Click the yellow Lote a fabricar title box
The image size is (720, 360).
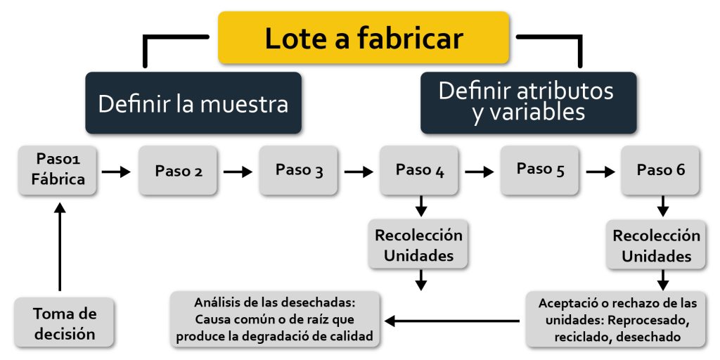click(364, 38)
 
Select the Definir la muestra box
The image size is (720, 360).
click(193, 103)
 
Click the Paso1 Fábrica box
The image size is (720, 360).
click(58, 169)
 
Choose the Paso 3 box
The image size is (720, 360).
click(299, 169)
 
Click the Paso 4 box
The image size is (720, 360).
click(420, 169)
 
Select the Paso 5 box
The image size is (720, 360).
click(540, 169)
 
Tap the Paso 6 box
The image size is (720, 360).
click(660, 169)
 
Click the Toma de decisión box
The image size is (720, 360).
click(64, 323)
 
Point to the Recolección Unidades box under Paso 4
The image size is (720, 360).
click(419, 245)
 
